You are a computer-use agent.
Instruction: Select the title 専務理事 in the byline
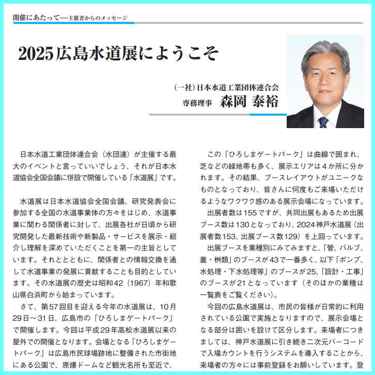198,102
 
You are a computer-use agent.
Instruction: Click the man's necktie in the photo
323,122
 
